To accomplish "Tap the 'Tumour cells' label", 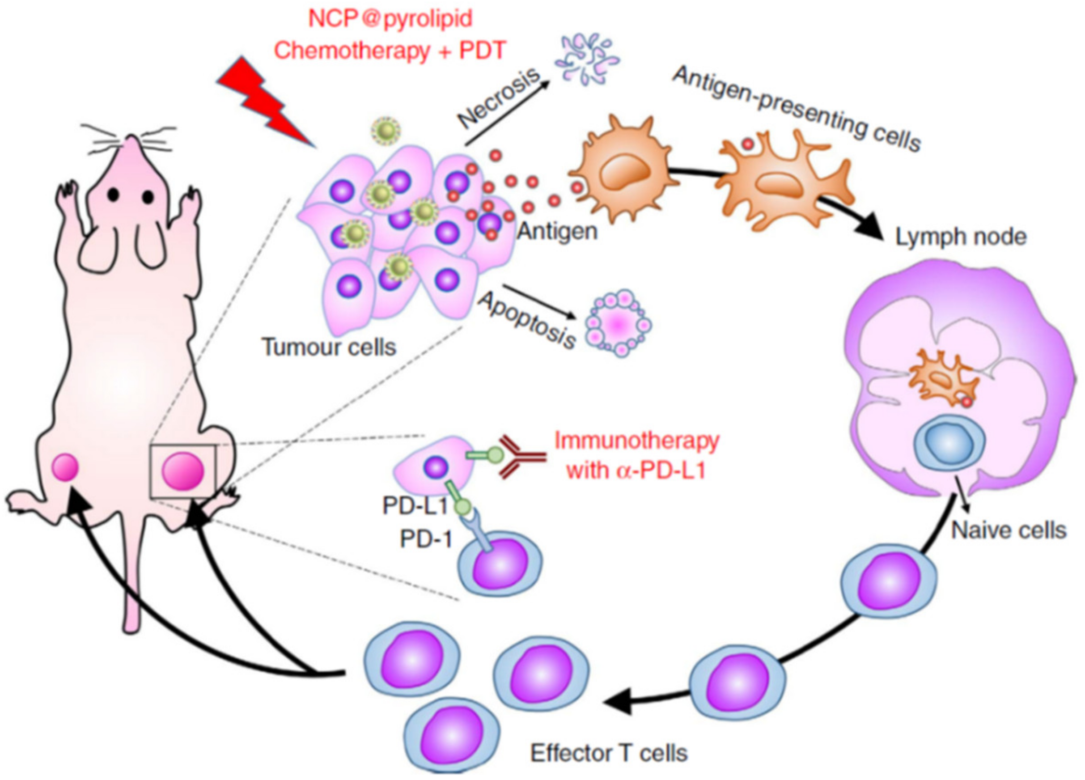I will [330, 347].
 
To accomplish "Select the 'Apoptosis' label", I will [527, 320].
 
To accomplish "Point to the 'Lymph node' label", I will [961, 237].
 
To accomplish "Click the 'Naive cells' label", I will [1009, 530].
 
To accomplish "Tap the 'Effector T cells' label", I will [609, 753].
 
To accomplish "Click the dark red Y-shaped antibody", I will [521, 457].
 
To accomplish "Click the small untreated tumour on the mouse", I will [66, 467].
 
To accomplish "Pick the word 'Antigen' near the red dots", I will [557, 232].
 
